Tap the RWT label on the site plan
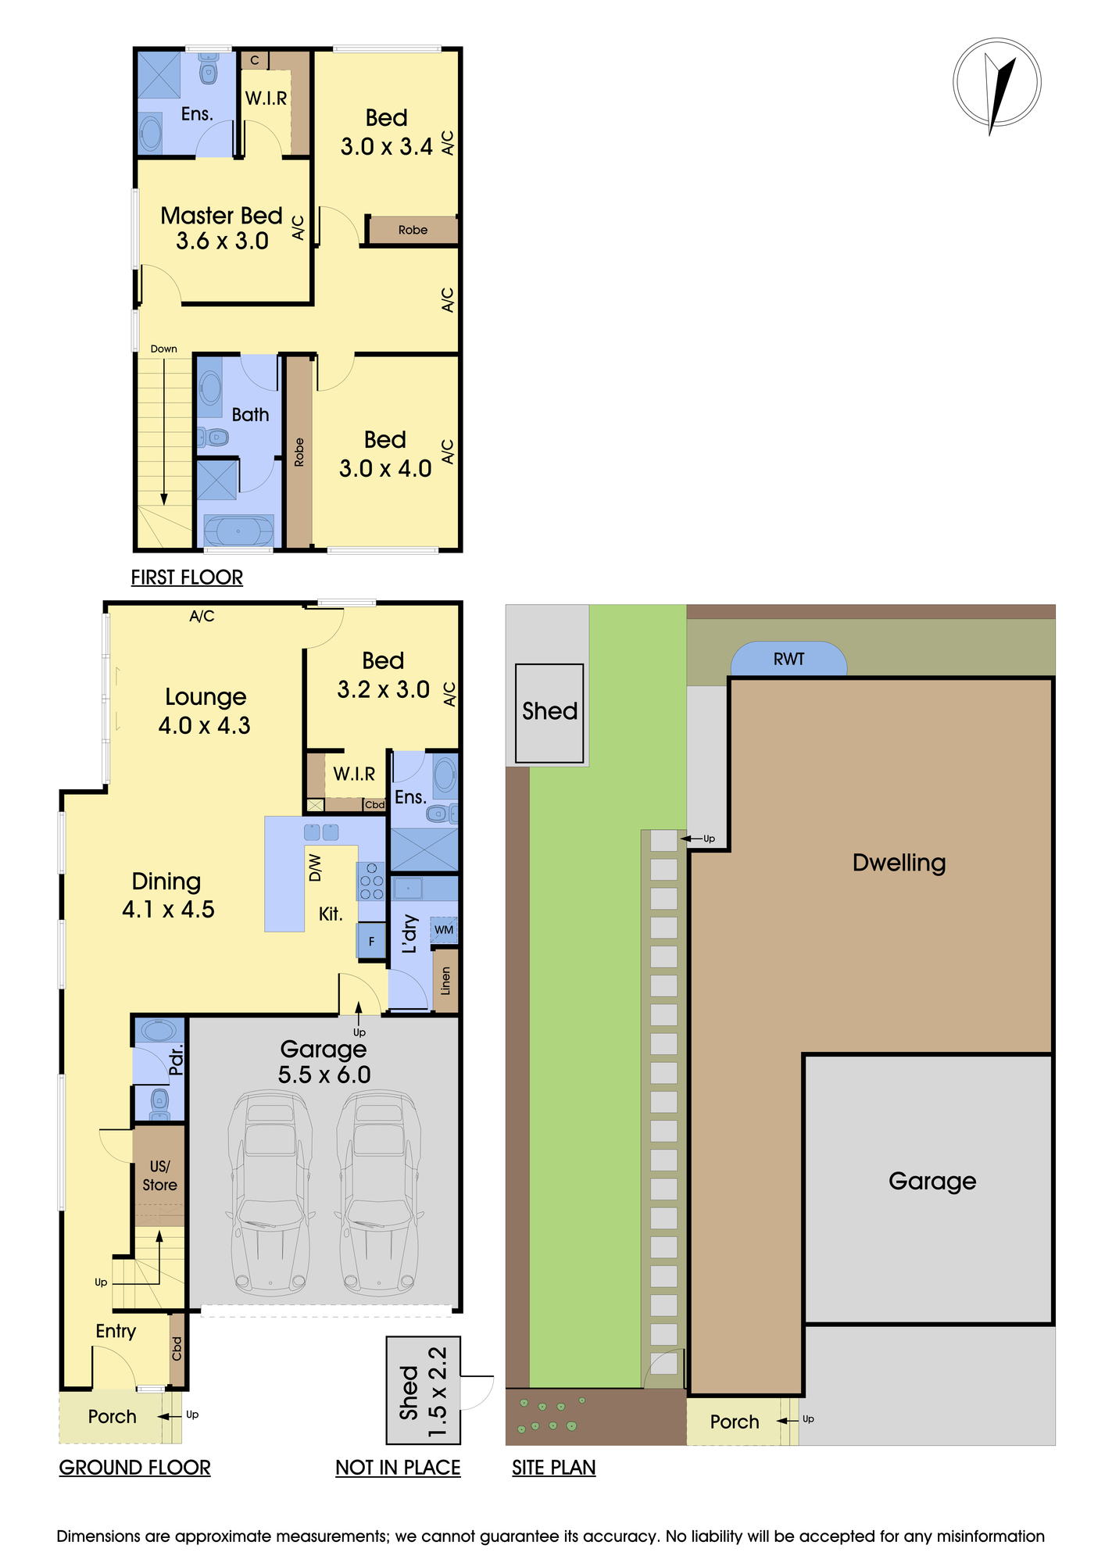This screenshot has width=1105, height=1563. (789, 659)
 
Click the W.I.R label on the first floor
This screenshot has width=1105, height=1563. (266, 98)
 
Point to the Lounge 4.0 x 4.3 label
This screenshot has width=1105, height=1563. (205, 710)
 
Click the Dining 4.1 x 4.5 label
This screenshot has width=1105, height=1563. (167, 895)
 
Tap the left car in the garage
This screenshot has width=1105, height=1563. (270, 1193)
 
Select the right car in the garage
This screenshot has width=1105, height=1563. (379, 1193)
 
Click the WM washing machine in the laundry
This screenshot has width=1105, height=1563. (444, 930)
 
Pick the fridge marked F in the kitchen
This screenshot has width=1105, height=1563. (371, 941)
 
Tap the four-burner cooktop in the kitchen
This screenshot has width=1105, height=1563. (371, 882)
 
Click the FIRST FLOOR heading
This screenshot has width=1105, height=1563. (187, 578)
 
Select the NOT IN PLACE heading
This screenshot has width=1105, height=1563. (398, 1468)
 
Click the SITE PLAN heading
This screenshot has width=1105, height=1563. (553, 1468)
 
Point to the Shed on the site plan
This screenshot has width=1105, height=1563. (549, 713)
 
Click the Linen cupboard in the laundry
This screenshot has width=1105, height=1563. (445, 981)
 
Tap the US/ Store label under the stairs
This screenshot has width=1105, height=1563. (159, 1175)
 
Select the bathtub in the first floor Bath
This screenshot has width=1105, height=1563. (238, 531)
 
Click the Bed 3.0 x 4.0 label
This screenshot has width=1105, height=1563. (385, 454)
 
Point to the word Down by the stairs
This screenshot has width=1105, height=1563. (164, 349)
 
